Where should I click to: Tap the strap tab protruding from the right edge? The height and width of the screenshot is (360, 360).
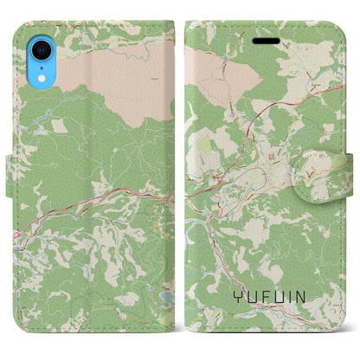point(354,164)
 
